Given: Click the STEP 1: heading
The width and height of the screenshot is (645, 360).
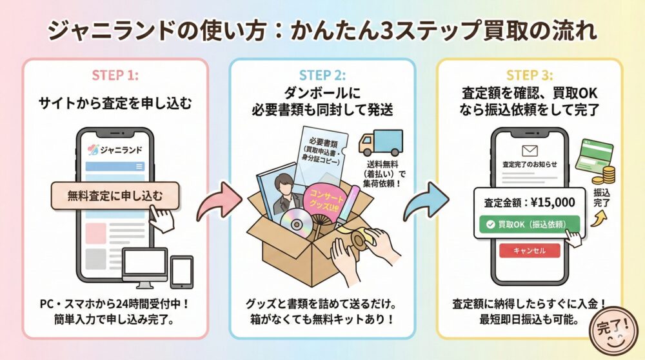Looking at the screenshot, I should tap(115, 75).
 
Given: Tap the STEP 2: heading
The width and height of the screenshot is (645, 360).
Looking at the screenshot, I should tap(322, 75).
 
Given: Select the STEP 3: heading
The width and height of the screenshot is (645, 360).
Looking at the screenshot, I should tap(529, 75).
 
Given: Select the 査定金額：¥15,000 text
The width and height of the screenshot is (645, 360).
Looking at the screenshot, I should tap(530, 202).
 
